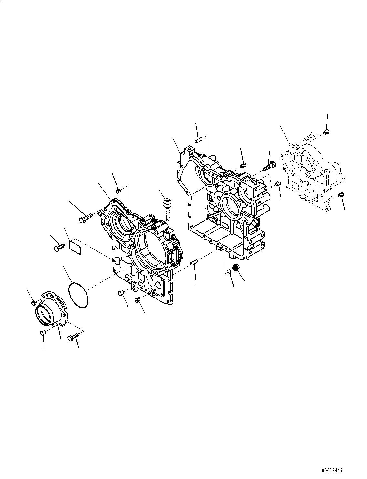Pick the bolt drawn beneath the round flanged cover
(73, 337)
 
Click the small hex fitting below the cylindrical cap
(168, 214)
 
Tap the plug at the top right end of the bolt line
(326, 132)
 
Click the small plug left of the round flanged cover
(34, 302)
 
